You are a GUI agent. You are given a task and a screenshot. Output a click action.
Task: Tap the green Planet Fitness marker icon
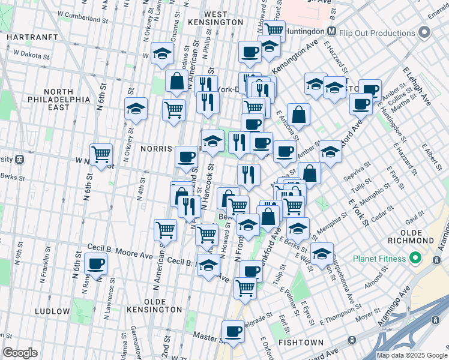pos(414,259)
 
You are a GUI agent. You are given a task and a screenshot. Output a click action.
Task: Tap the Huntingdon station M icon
pos(331,31)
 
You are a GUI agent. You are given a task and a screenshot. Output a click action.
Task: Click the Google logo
pos(20,353)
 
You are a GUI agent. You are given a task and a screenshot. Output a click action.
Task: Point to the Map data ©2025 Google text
pos(412,355)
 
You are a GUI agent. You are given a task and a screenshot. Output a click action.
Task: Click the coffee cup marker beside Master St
pos(233,330)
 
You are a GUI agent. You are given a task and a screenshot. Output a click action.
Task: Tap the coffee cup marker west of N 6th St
pos(95,262)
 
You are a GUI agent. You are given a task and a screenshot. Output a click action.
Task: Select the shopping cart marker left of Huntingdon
pos(274,29)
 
